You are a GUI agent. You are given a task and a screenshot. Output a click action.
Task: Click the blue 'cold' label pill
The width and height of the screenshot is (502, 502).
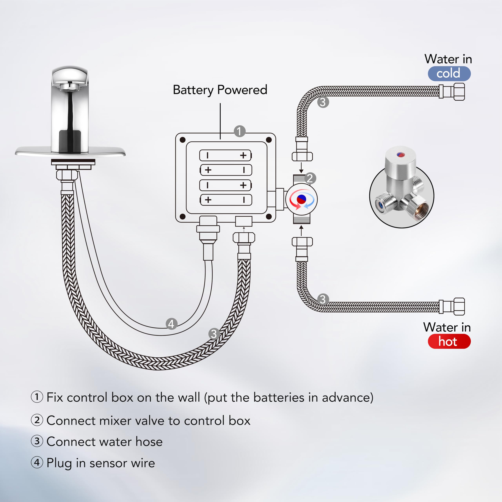(x=449, y=74)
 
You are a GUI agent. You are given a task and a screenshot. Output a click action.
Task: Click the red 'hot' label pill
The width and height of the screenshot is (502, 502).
(x=449, y=341)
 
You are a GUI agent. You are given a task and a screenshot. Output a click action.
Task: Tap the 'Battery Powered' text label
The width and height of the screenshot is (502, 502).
(x=220, y=90)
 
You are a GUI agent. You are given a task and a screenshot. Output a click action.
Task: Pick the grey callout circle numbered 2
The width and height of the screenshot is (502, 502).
(x=310, y=178)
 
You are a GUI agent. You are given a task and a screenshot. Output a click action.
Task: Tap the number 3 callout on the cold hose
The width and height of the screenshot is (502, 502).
(x=323, y=102)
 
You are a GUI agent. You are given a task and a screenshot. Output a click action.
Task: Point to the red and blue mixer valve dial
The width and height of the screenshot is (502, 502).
(x=301, y=199)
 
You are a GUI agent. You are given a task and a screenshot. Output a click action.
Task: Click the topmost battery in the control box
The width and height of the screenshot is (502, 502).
(x=225, y=155)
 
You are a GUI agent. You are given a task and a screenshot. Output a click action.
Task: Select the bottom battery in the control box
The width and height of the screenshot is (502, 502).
(x=226, y=200)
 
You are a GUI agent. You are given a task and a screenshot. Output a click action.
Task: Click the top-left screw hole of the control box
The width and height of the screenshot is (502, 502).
(x=183, y=140)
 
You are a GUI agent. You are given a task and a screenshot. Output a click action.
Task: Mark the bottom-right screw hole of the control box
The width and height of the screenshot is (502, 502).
(x=269, y=216)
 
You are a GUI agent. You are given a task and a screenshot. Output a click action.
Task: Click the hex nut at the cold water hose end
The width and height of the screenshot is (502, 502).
(x=459, y=92)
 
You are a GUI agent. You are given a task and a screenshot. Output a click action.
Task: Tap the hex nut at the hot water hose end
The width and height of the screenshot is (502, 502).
(x=459, y=307)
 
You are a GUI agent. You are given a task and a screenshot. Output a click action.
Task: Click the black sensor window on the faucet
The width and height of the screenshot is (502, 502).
(x=70, y=141)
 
